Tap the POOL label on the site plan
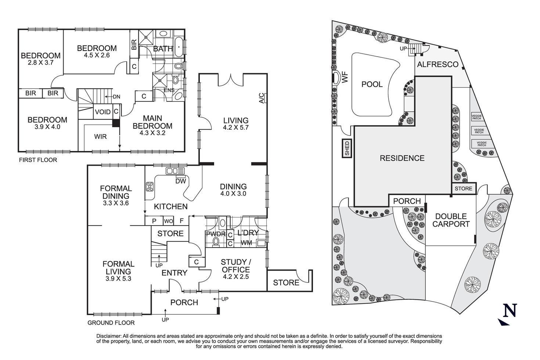[x=372, y=84]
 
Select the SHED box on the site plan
[x=347, y=148]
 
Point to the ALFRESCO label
[x=437, y=65]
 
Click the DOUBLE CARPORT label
[x=451, y=220]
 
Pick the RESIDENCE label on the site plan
[x=402, y=158]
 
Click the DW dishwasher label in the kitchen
[x=180, y=181]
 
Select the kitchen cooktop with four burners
[x=150, y=187]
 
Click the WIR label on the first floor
[x=100, y=137]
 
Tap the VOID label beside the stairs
[x=103, y=112]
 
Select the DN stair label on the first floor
[x=116, y=97]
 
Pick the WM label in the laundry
[x=246, y=243]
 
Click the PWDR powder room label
[x=213, y=234]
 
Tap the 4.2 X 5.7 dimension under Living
[x=235, y=127]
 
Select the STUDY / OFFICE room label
[x=235, y=266]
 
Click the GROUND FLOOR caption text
[x=111, y=323]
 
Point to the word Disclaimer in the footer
[x=109, y=336]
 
